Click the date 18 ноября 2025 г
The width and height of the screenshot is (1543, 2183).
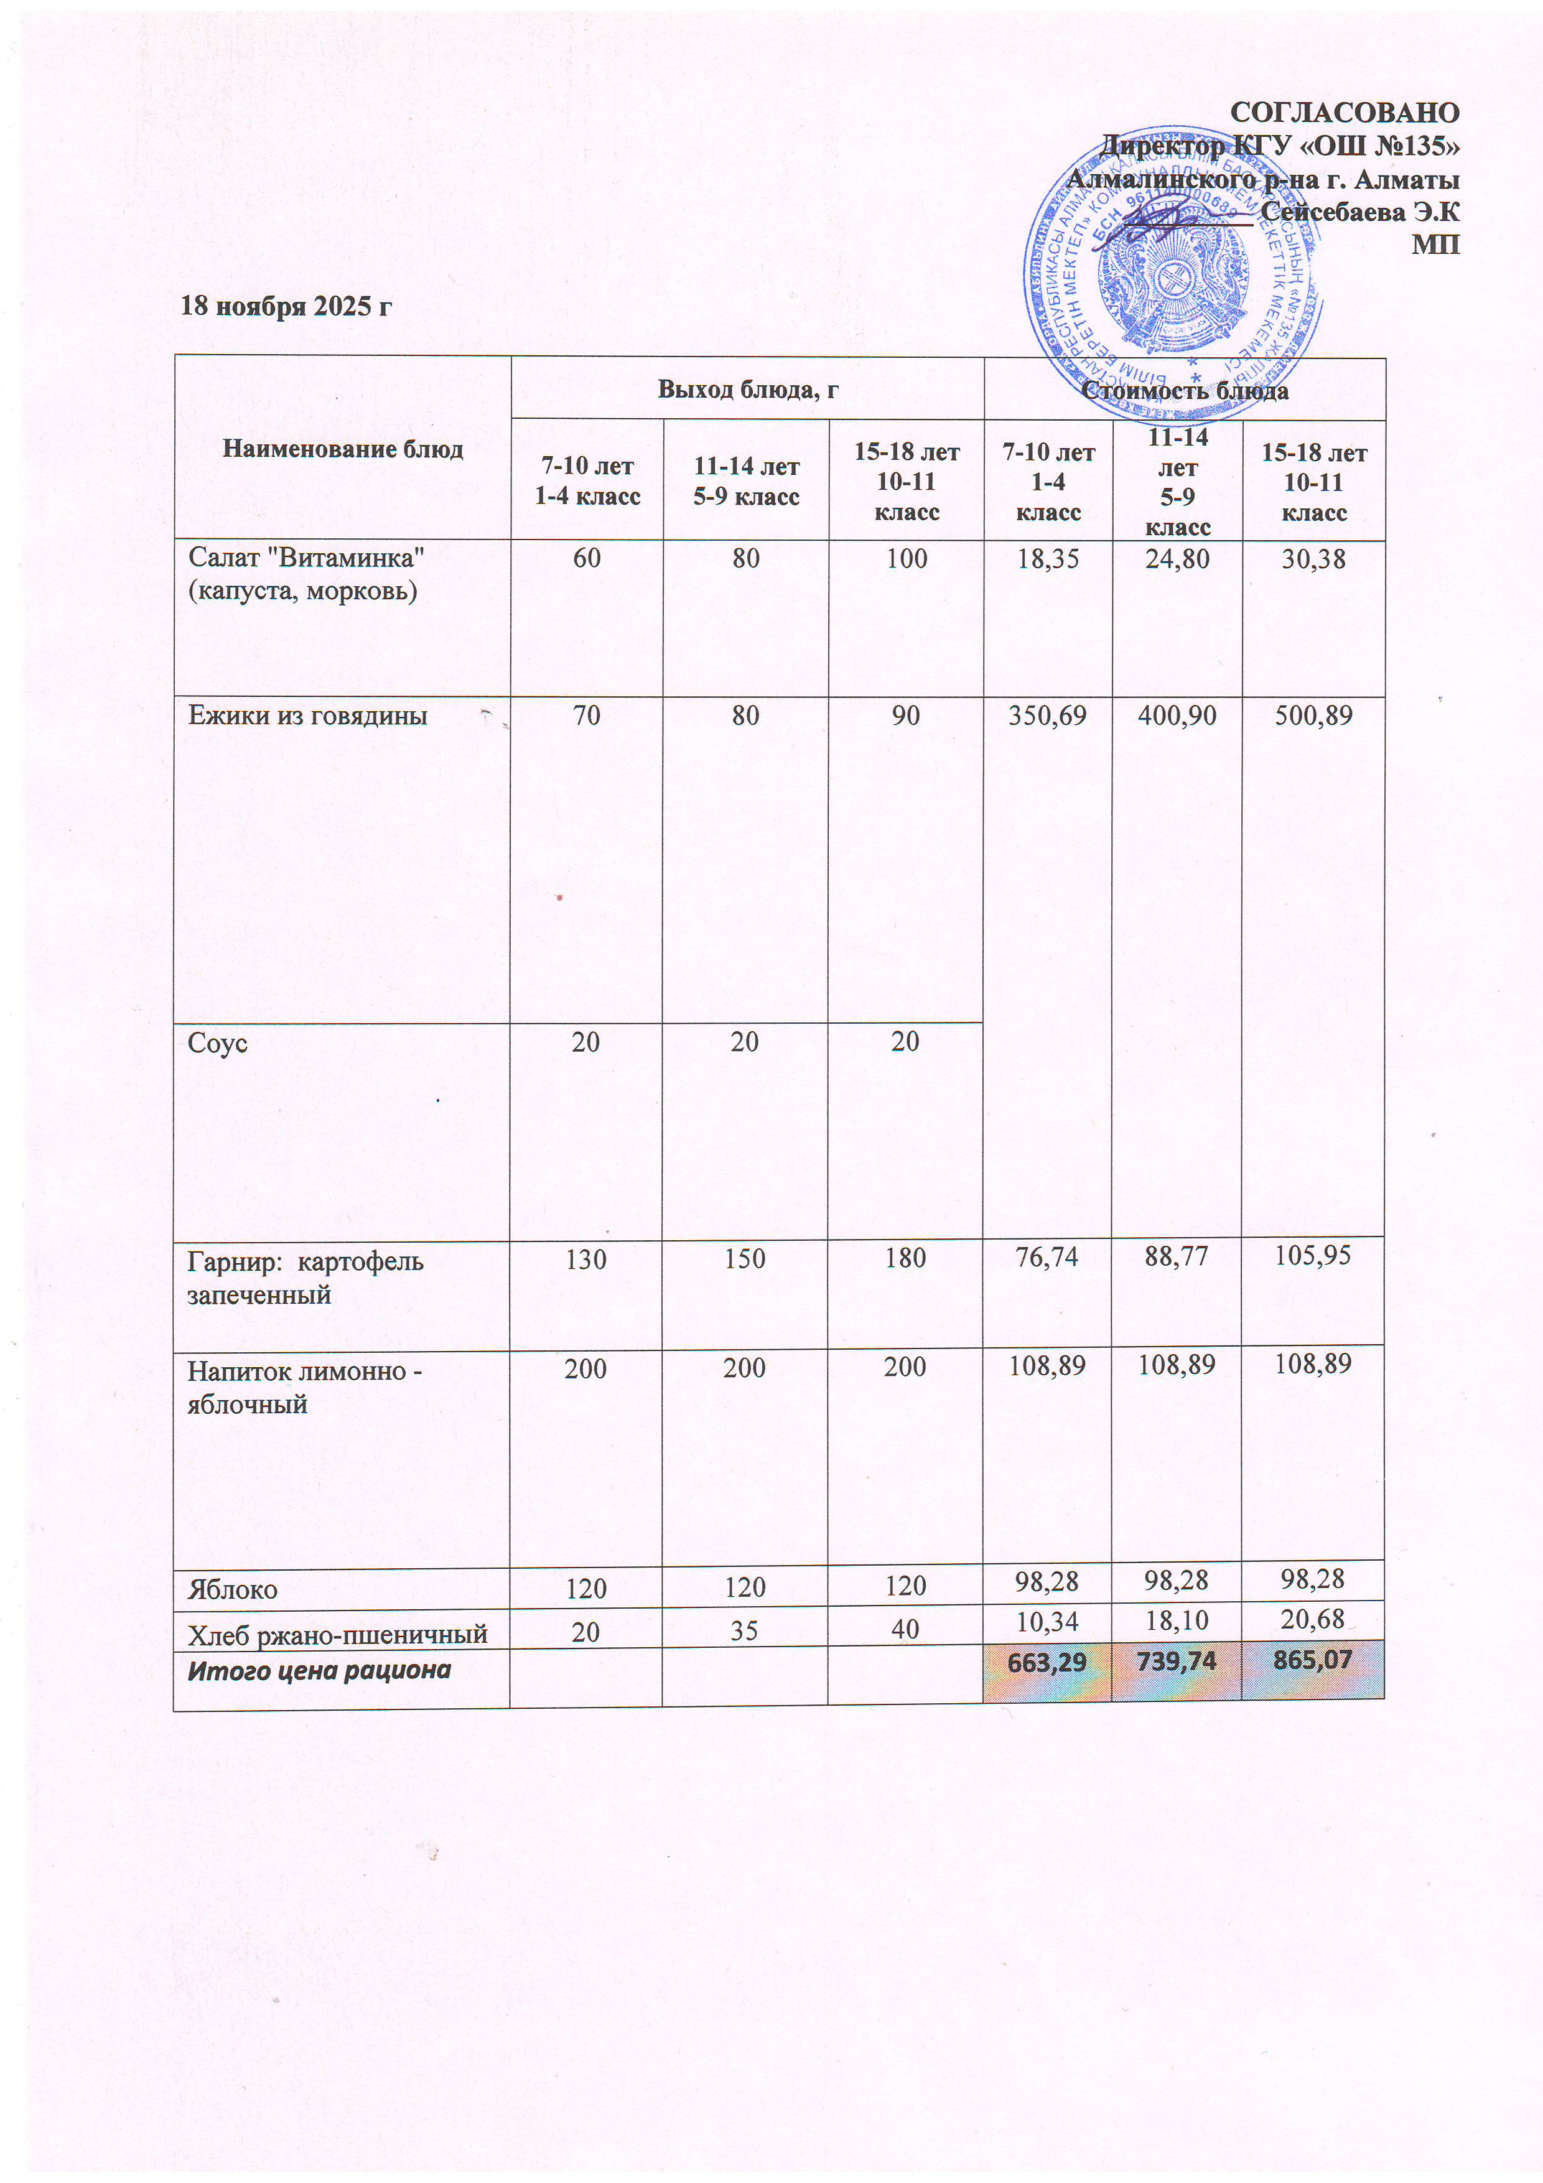pos(286,306)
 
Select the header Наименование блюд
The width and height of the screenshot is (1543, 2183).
pos(342,449)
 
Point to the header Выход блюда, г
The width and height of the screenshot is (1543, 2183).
pos(747,389)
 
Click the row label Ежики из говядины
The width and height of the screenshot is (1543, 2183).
pos(307,716)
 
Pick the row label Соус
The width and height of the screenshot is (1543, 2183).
pos(218,1043)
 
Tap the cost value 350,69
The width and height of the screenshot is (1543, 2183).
pos(1048,716)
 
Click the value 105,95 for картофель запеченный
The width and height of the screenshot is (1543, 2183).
pos(1313,1257)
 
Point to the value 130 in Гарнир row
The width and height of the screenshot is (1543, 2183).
pos(585,1259)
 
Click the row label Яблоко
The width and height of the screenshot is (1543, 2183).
pos(232,1590)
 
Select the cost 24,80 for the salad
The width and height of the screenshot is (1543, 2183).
pos(1177,558)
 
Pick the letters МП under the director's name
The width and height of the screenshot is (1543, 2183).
pos(1435,245)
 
